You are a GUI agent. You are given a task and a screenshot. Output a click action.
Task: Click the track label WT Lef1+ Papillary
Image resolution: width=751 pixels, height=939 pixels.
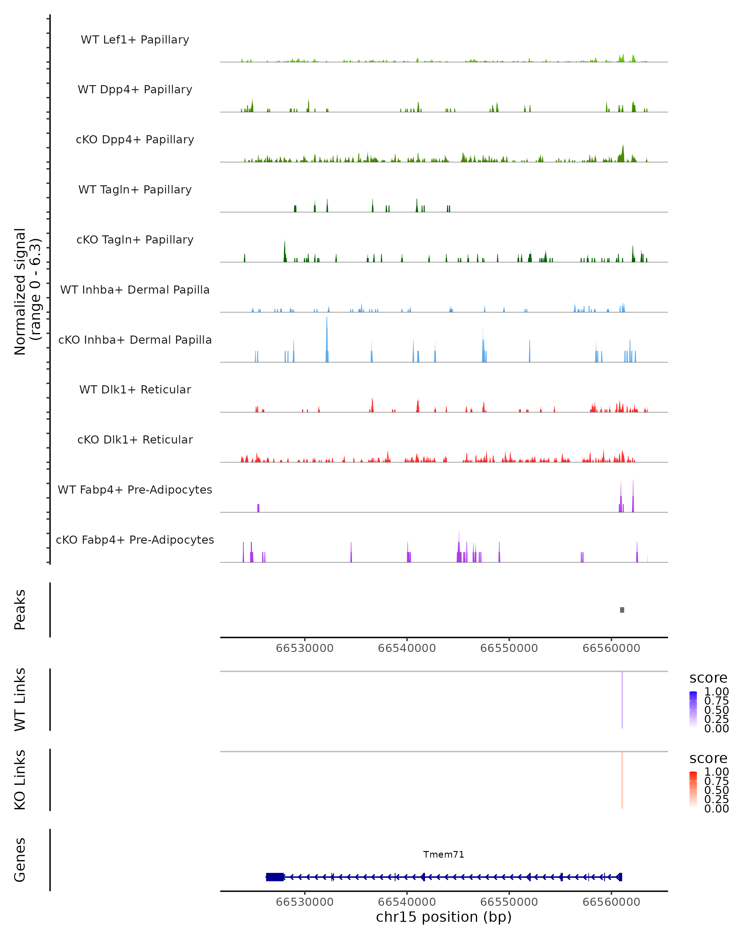point(135,40)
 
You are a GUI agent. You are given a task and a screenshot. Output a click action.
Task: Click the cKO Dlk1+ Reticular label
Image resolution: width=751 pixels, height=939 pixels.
point(135,439)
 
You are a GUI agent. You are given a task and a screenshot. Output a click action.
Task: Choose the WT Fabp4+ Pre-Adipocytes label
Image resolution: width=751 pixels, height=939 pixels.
point(135,490)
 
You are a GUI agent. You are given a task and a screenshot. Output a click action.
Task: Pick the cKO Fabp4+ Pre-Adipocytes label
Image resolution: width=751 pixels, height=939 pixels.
point(135,540)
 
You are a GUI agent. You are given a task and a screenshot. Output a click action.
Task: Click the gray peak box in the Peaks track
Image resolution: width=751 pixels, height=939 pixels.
point(622,610)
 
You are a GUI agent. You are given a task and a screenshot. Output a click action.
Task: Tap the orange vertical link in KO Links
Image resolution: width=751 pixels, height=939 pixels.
point(622,780)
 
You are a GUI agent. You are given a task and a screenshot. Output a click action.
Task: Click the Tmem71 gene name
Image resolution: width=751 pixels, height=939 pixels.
point(444,854)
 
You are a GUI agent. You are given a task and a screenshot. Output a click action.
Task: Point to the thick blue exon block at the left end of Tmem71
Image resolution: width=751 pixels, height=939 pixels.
point(275,877)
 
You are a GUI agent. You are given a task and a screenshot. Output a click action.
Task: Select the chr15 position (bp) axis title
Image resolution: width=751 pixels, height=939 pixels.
point(444,917)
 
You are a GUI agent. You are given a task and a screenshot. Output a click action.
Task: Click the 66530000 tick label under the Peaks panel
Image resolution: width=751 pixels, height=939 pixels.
point(305,648)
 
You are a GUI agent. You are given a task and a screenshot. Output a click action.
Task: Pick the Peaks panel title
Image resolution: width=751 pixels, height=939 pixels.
point(20,610)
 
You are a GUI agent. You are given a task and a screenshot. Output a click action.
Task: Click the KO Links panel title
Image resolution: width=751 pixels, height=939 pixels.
point(20,780)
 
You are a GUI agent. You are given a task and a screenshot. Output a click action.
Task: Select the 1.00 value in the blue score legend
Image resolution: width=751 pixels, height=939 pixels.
point(716,692)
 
